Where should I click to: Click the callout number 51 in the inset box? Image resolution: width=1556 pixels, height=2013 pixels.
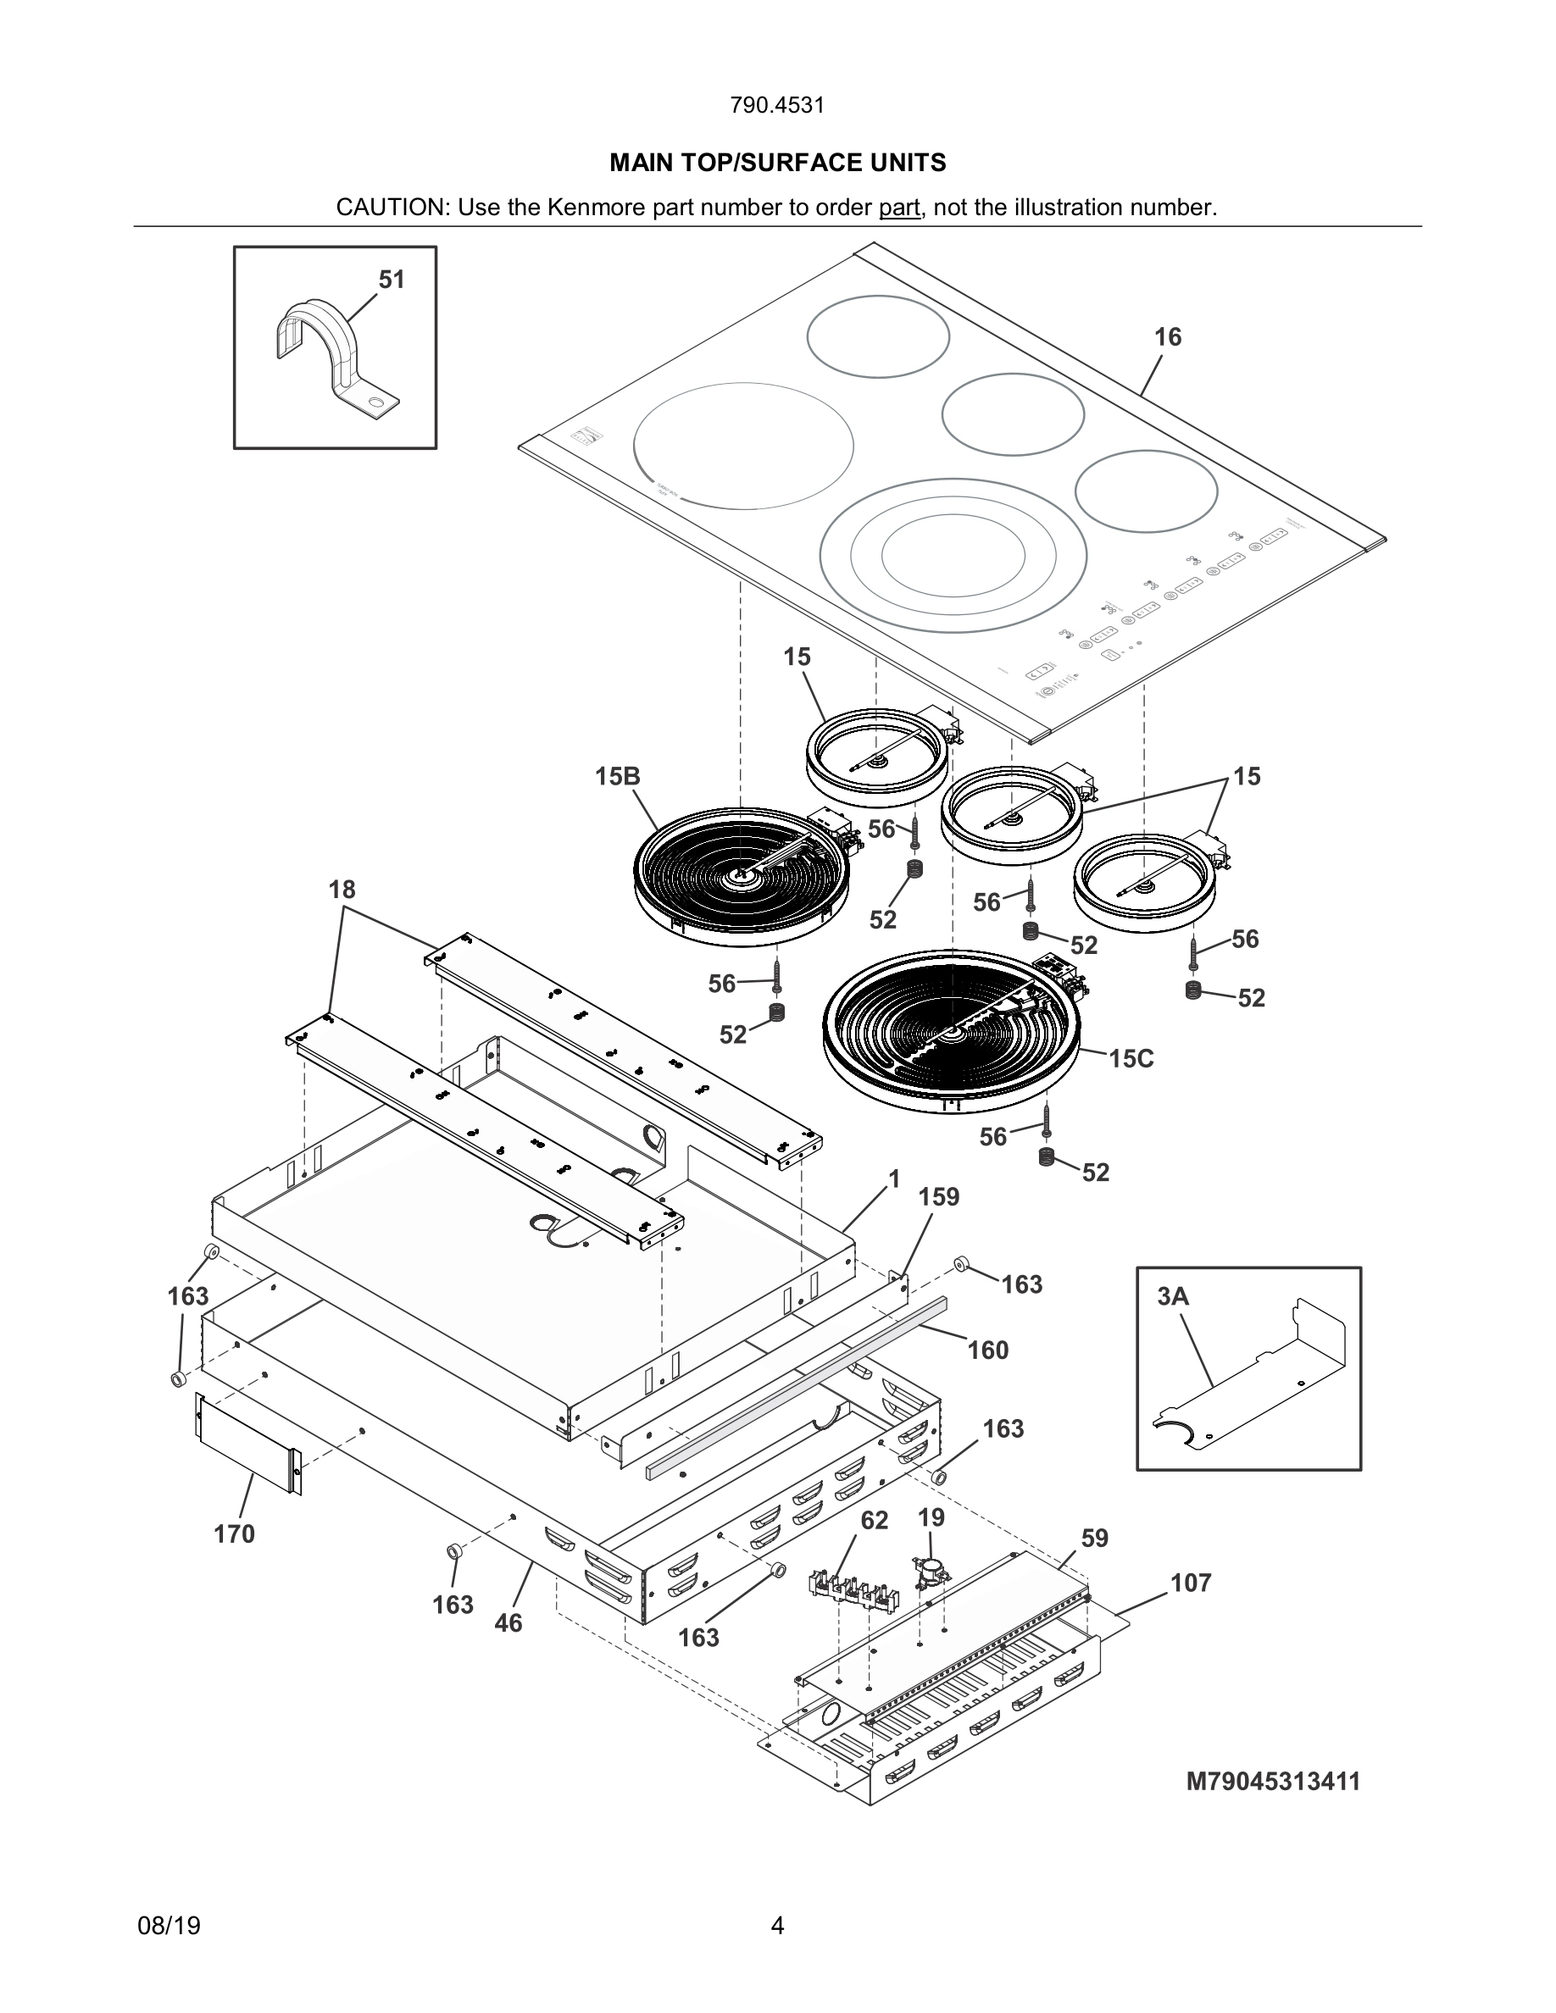pos(392,280)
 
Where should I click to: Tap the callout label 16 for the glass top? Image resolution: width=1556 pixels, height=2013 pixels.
pos(1167,337)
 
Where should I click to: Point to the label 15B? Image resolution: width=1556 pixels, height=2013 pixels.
pos(617,776)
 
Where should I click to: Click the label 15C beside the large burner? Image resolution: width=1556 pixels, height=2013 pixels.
pos(1131,1058)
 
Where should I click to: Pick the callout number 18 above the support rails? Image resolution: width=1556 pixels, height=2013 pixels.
pos(342,890)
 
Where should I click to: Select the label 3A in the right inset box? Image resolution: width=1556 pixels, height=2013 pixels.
pos(1173,1296)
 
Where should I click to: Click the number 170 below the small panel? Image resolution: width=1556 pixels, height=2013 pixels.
pos(234,1533)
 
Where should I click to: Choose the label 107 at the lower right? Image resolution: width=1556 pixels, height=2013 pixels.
pos(1191,1583)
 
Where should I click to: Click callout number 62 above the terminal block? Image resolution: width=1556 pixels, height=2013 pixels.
pos(874,1520)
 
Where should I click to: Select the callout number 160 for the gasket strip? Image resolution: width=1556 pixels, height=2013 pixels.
pos(988,1350)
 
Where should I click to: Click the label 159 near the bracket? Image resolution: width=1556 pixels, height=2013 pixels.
pos(938,1196)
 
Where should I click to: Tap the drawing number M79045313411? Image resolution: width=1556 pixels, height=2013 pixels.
pos(1272,1782)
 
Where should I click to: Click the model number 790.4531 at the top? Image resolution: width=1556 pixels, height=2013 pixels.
pos(777,105)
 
